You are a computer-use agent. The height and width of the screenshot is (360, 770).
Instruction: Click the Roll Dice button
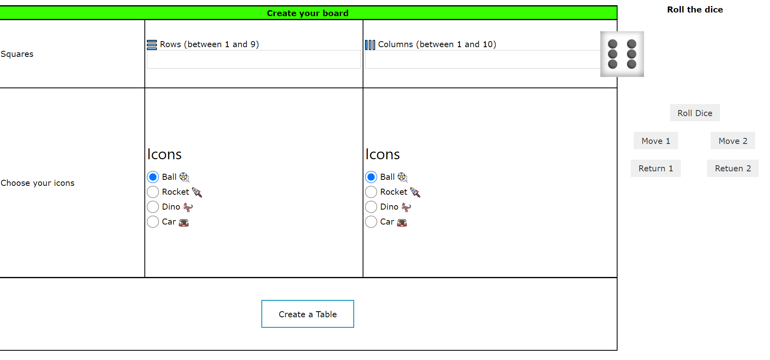[x=695, y=113]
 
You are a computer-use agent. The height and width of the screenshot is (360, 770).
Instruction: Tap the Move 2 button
[x=732, y=141]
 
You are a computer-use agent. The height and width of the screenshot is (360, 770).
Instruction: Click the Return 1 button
[x=655, y=169]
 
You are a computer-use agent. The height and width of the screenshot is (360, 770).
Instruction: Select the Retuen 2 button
[x=732, y=169]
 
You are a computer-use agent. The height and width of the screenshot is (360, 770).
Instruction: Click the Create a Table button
[x=307, y=314]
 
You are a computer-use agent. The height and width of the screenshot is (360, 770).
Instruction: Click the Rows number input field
[x=253, y=60]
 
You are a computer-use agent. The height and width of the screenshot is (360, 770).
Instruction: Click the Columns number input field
[x=482, y=60]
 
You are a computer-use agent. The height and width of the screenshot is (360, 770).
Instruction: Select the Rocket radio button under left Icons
[x=153, y=192]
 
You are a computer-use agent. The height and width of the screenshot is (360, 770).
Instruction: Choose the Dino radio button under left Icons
[x=153, y=207]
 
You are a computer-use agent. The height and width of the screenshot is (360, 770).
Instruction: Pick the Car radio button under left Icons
[x=153, y=222]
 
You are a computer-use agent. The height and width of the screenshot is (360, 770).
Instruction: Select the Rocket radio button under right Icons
[x=371, y=192]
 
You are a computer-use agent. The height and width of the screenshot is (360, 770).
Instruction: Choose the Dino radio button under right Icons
[x=371, y=207]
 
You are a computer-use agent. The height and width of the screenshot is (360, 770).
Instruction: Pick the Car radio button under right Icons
[x=371, y=222]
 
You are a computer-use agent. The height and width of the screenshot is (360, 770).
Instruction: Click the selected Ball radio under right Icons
[x=371, y=177]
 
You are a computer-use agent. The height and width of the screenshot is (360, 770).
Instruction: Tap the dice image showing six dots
[x=622, y=54]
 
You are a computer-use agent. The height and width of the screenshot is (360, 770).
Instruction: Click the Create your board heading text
[x=307, y=13]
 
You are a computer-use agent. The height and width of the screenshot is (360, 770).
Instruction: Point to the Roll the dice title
[x=695, y=10]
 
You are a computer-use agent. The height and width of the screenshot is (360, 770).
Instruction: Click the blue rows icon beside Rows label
[x=152, y=45]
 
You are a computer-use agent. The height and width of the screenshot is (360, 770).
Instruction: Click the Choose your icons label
[x=38, y=183]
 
